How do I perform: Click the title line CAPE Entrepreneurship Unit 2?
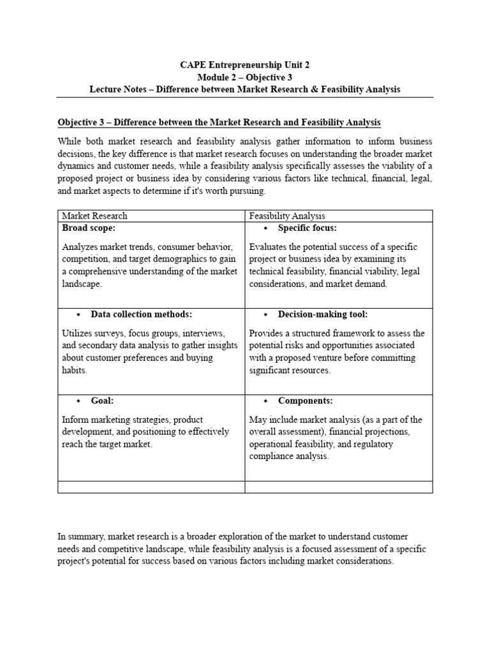[245, 64]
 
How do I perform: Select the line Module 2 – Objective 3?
[245, 77]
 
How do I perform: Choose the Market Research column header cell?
[94, 216]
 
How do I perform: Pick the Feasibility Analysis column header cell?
[287, 216]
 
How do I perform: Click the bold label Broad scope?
[89, 228]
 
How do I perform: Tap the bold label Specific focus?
[307, 228]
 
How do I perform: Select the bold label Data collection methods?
[141, 314]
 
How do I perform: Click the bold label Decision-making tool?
[322, 314]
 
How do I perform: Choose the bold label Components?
[305, 401]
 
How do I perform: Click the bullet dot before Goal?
[78, 402]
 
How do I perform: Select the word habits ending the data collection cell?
[75, 371]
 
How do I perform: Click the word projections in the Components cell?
[387, 432]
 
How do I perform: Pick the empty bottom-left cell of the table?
[151, 487]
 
